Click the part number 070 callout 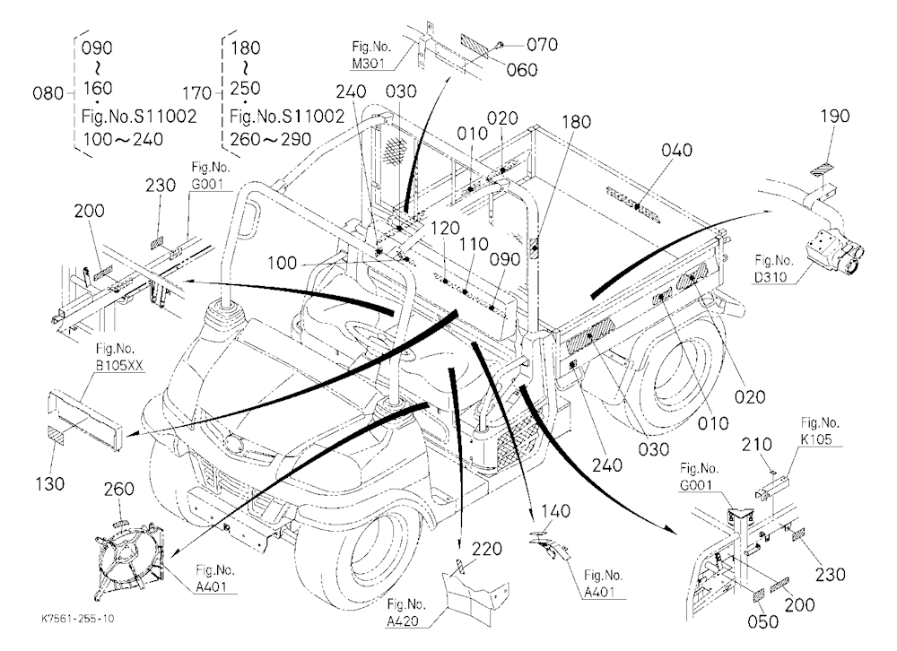coord(542,45)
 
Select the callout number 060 coord(522,70)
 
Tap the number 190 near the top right coord(834,117)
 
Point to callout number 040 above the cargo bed coord(676,150)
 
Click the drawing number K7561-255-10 coord(78,619)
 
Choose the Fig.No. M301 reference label coord(370,55)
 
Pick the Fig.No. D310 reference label coord(773,269)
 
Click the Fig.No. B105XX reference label coord(118,357)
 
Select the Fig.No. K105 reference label coord(819,430)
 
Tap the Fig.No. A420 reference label coord(406,612)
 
